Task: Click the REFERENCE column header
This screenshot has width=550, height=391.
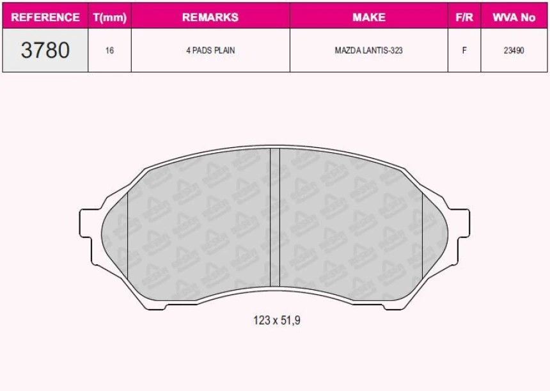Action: coord(45,17)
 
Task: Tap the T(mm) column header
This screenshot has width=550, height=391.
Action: coord(110,17)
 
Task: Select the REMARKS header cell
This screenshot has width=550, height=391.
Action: coord(210,17)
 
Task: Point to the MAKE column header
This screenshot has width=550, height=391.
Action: coord(369,17)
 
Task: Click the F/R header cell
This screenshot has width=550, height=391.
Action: coord(464,17)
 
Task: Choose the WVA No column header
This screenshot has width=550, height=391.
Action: coord(514,17)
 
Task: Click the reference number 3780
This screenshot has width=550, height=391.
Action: coord(45,50)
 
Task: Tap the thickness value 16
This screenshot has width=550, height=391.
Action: coord(109,50)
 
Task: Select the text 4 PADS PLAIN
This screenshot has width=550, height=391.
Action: coord(210,50)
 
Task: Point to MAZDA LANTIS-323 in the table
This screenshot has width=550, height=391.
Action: coord(368,50)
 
